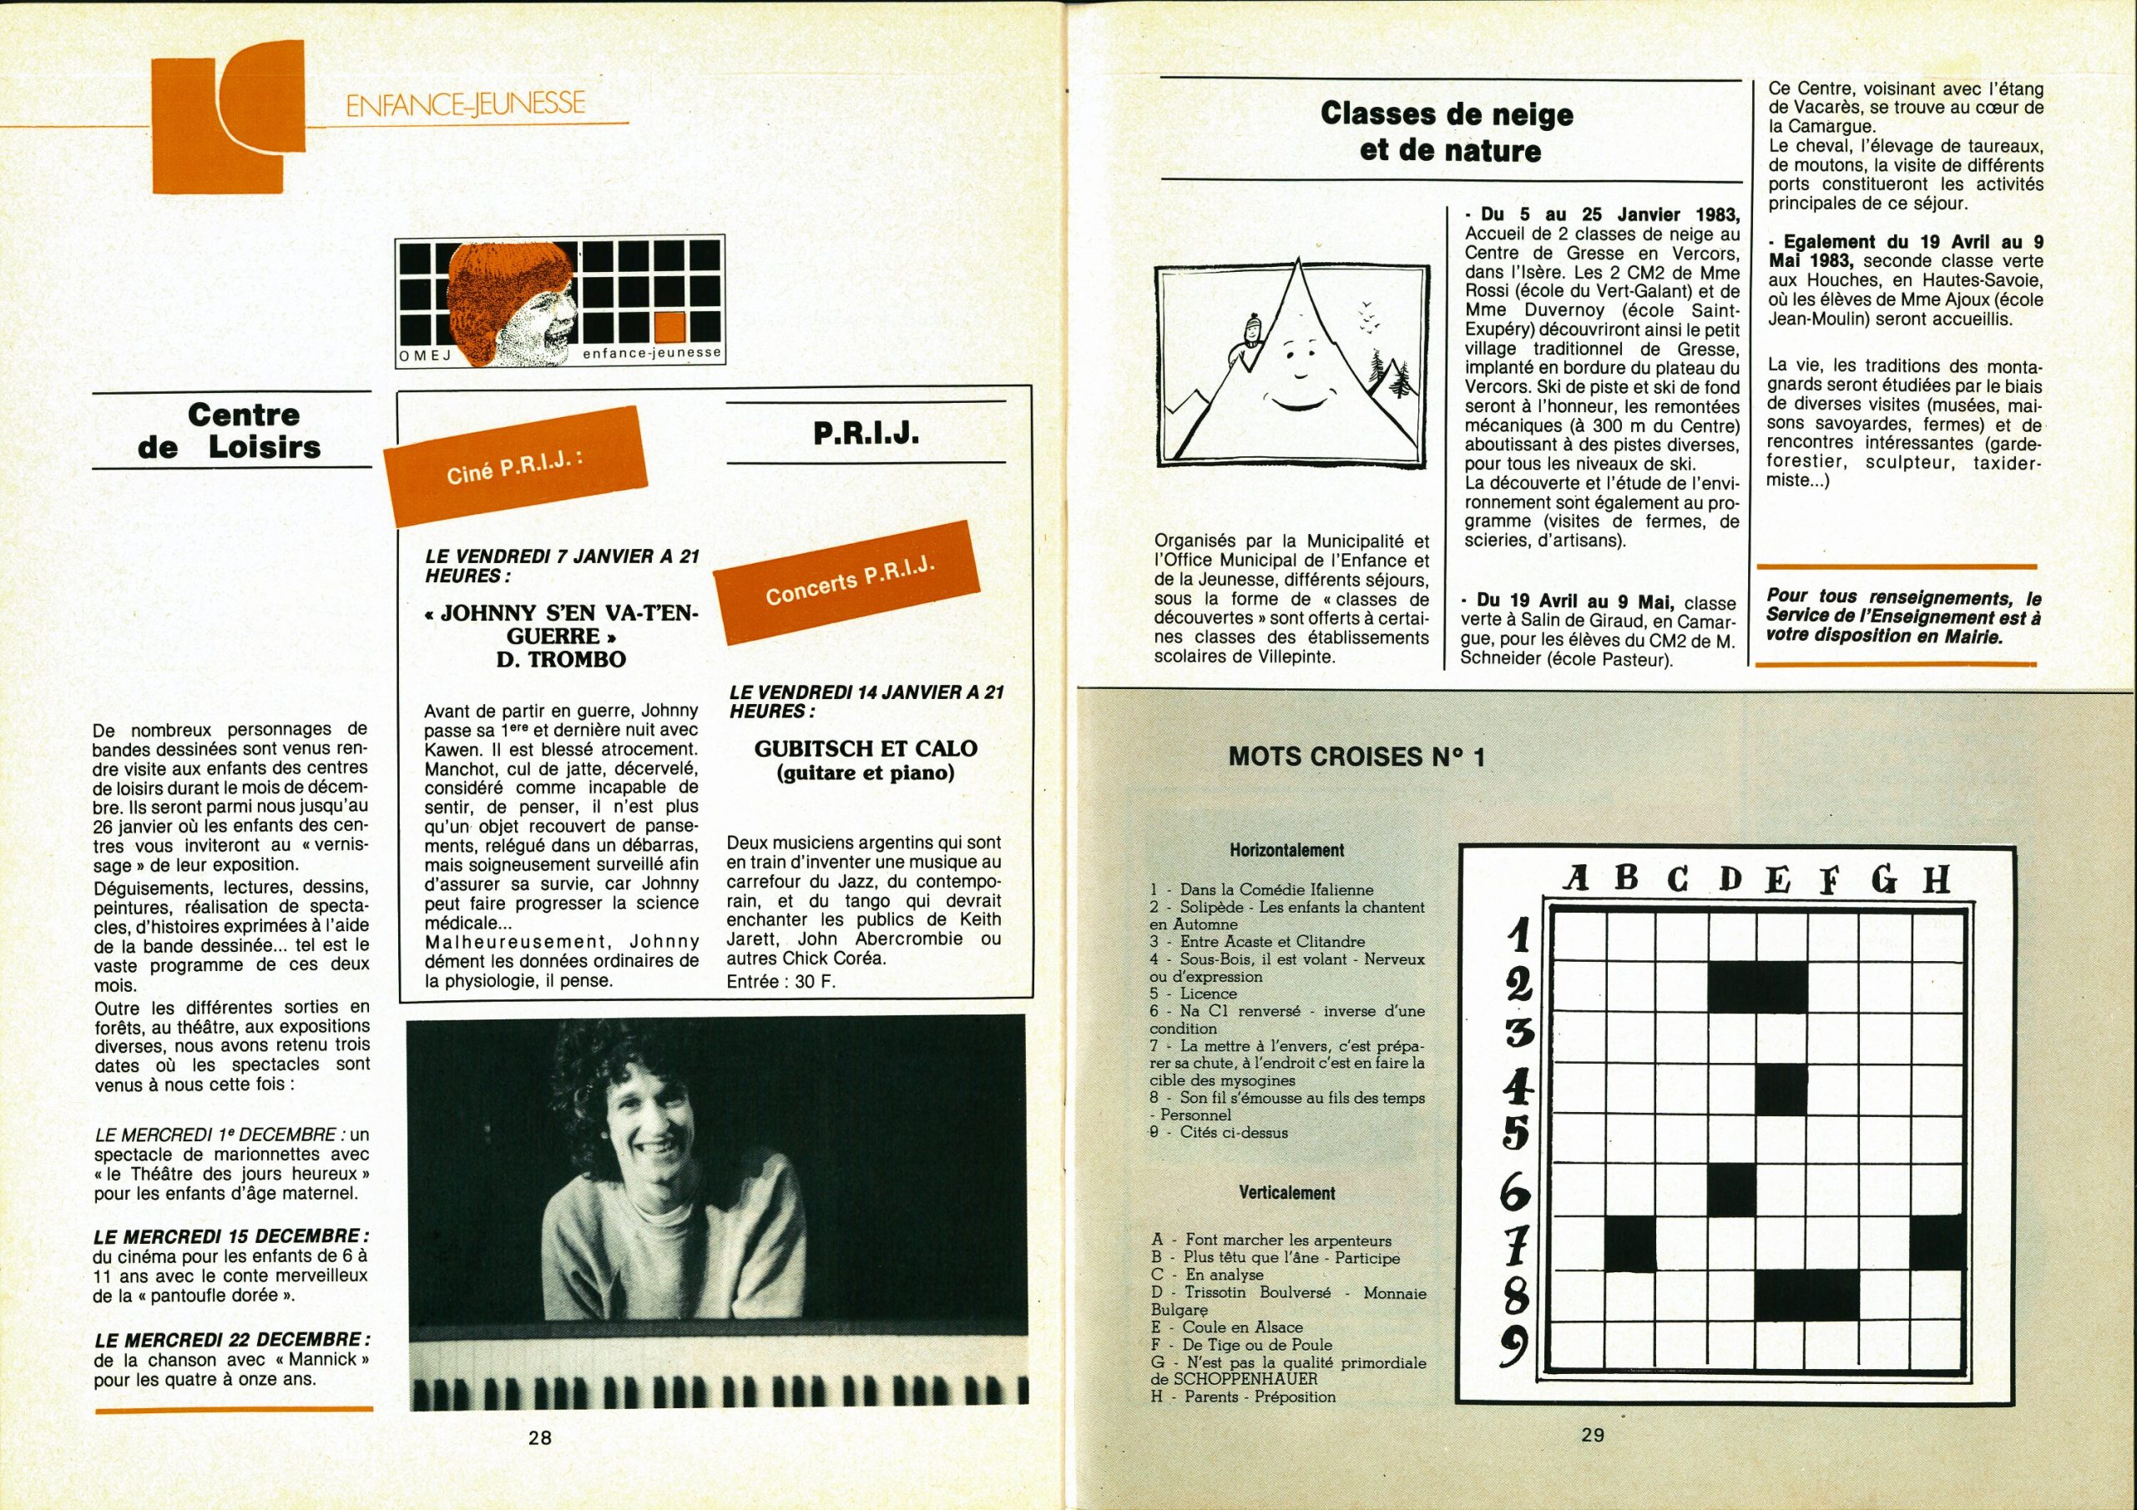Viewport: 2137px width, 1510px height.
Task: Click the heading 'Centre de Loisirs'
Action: tap(231, 430)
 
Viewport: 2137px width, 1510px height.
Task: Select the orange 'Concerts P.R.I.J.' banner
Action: tap(850, 584)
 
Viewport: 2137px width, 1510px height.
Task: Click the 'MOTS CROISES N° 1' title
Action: tap(1357, 757)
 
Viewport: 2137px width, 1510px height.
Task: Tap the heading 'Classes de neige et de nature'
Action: tap(1448, 131)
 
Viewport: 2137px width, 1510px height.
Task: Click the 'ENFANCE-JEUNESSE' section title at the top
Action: tap(464, 103)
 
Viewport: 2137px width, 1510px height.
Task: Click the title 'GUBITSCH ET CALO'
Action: tap(865, 748)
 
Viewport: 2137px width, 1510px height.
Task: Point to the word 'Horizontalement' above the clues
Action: tap(1286, 850)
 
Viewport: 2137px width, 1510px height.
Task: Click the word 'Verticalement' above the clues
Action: tap(1286, 1193)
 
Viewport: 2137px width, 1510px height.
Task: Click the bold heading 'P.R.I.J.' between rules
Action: tap(866, 434)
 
